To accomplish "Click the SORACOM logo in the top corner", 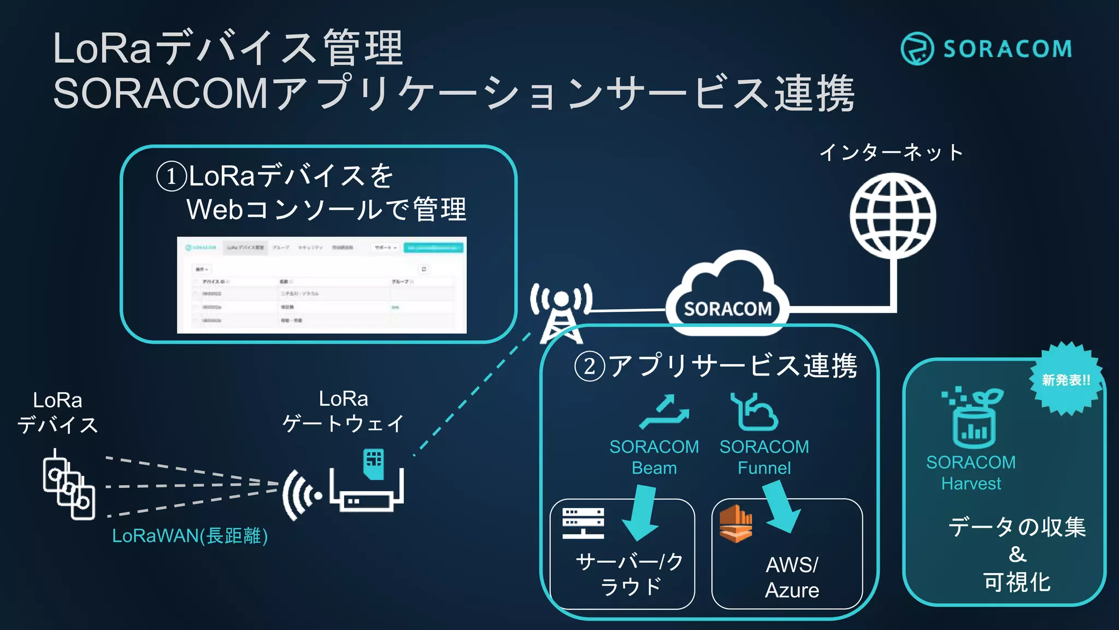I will tap(986, 49).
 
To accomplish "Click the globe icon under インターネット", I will tap(893, 215).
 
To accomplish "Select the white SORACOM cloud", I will tap(727, 293).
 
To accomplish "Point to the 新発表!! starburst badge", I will tap(1065, 380).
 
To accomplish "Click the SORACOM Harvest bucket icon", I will tap(973, 418).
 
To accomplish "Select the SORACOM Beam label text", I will tap(654, 457).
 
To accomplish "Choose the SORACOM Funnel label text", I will tap(764, 457).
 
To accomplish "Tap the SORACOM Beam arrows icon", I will tap(664, 411).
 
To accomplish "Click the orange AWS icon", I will tap(735, 523).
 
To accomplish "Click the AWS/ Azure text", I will tap(792, 577).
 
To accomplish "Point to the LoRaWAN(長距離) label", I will tap(190, 536).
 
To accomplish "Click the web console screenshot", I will tap(321, 285).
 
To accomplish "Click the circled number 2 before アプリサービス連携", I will tap(589, 366).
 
